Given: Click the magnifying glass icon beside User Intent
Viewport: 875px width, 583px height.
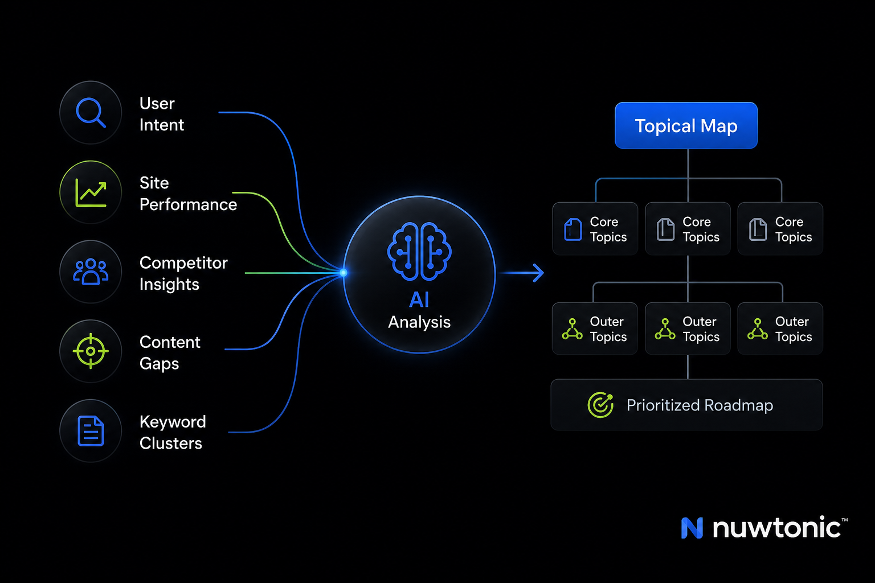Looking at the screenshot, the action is pos(91,113).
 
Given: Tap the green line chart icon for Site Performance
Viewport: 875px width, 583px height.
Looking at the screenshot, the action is pos(91,192).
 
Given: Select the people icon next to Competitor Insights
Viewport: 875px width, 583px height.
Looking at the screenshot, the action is pos(91,272).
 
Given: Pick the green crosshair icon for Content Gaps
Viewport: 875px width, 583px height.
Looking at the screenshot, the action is pos(91,351).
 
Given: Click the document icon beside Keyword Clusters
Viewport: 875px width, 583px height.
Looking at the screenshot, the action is pos(91,431).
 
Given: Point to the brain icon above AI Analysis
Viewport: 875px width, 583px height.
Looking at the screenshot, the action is pos(419,252).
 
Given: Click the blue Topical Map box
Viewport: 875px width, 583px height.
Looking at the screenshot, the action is pos(686,125).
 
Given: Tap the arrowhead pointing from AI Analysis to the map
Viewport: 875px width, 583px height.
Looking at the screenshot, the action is pos(539,273).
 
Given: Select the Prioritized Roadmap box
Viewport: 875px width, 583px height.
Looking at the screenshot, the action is pos(686,405).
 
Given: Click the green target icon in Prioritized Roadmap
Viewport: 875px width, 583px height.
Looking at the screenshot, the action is pos(600,405).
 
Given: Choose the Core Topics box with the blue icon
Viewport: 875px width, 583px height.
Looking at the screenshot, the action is pos(595,229).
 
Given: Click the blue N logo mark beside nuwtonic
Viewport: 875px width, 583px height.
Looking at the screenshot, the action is pos(692,528).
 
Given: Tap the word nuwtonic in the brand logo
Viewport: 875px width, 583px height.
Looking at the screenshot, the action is pos(776,527).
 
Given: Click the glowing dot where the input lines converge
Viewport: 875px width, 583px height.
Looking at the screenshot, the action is pos(344,273).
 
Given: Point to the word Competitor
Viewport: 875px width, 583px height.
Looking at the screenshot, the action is pos(183,263).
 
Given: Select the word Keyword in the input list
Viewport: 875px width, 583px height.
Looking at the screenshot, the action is pos(173,422).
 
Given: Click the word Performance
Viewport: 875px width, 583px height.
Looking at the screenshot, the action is pos(188,204).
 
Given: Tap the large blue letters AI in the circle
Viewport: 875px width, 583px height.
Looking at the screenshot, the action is pos(419,300).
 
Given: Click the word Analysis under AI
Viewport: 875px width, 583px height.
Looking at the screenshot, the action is pos(419,323).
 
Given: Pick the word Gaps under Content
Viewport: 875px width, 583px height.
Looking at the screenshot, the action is pos(159,364).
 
